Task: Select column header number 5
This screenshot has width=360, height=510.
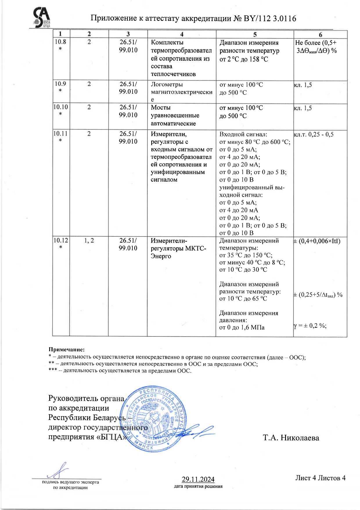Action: point(255,35)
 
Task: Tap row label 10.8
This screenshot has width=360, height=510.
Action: point(60,42)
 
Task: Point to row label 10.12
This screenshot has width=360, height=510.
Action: point(61,241)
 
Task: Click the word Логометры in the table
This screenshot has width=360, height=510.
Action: point(167,85)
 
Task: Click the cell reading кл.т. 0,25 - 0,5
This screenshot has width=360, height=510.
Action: point(314,135)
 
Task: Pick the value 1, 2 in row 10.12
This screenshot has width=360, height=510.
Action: point(89,241)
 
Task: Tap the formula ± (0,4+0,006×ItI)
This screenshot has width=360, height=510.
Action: point(317,241)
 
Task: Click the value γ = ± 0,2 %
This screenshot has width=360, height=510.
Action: point(310,326)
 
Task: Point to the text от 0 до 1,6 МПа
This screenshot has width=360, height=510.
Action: point(242,328)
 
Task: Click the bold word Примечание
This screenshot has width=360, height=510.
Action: point(66,350)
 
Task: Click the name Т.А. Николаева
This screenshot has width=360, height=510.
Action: point(291,438)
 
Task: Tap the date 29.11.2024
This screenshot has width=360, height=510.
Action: point(198,479)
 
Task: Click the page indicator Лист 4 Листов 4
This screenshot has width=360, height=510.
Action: point(320,478)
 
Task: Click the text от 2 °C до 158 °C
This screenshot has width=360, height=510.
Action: point(244,59)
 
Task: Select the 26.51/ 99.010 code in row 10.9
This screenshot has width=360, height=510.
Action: point(128,88)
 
